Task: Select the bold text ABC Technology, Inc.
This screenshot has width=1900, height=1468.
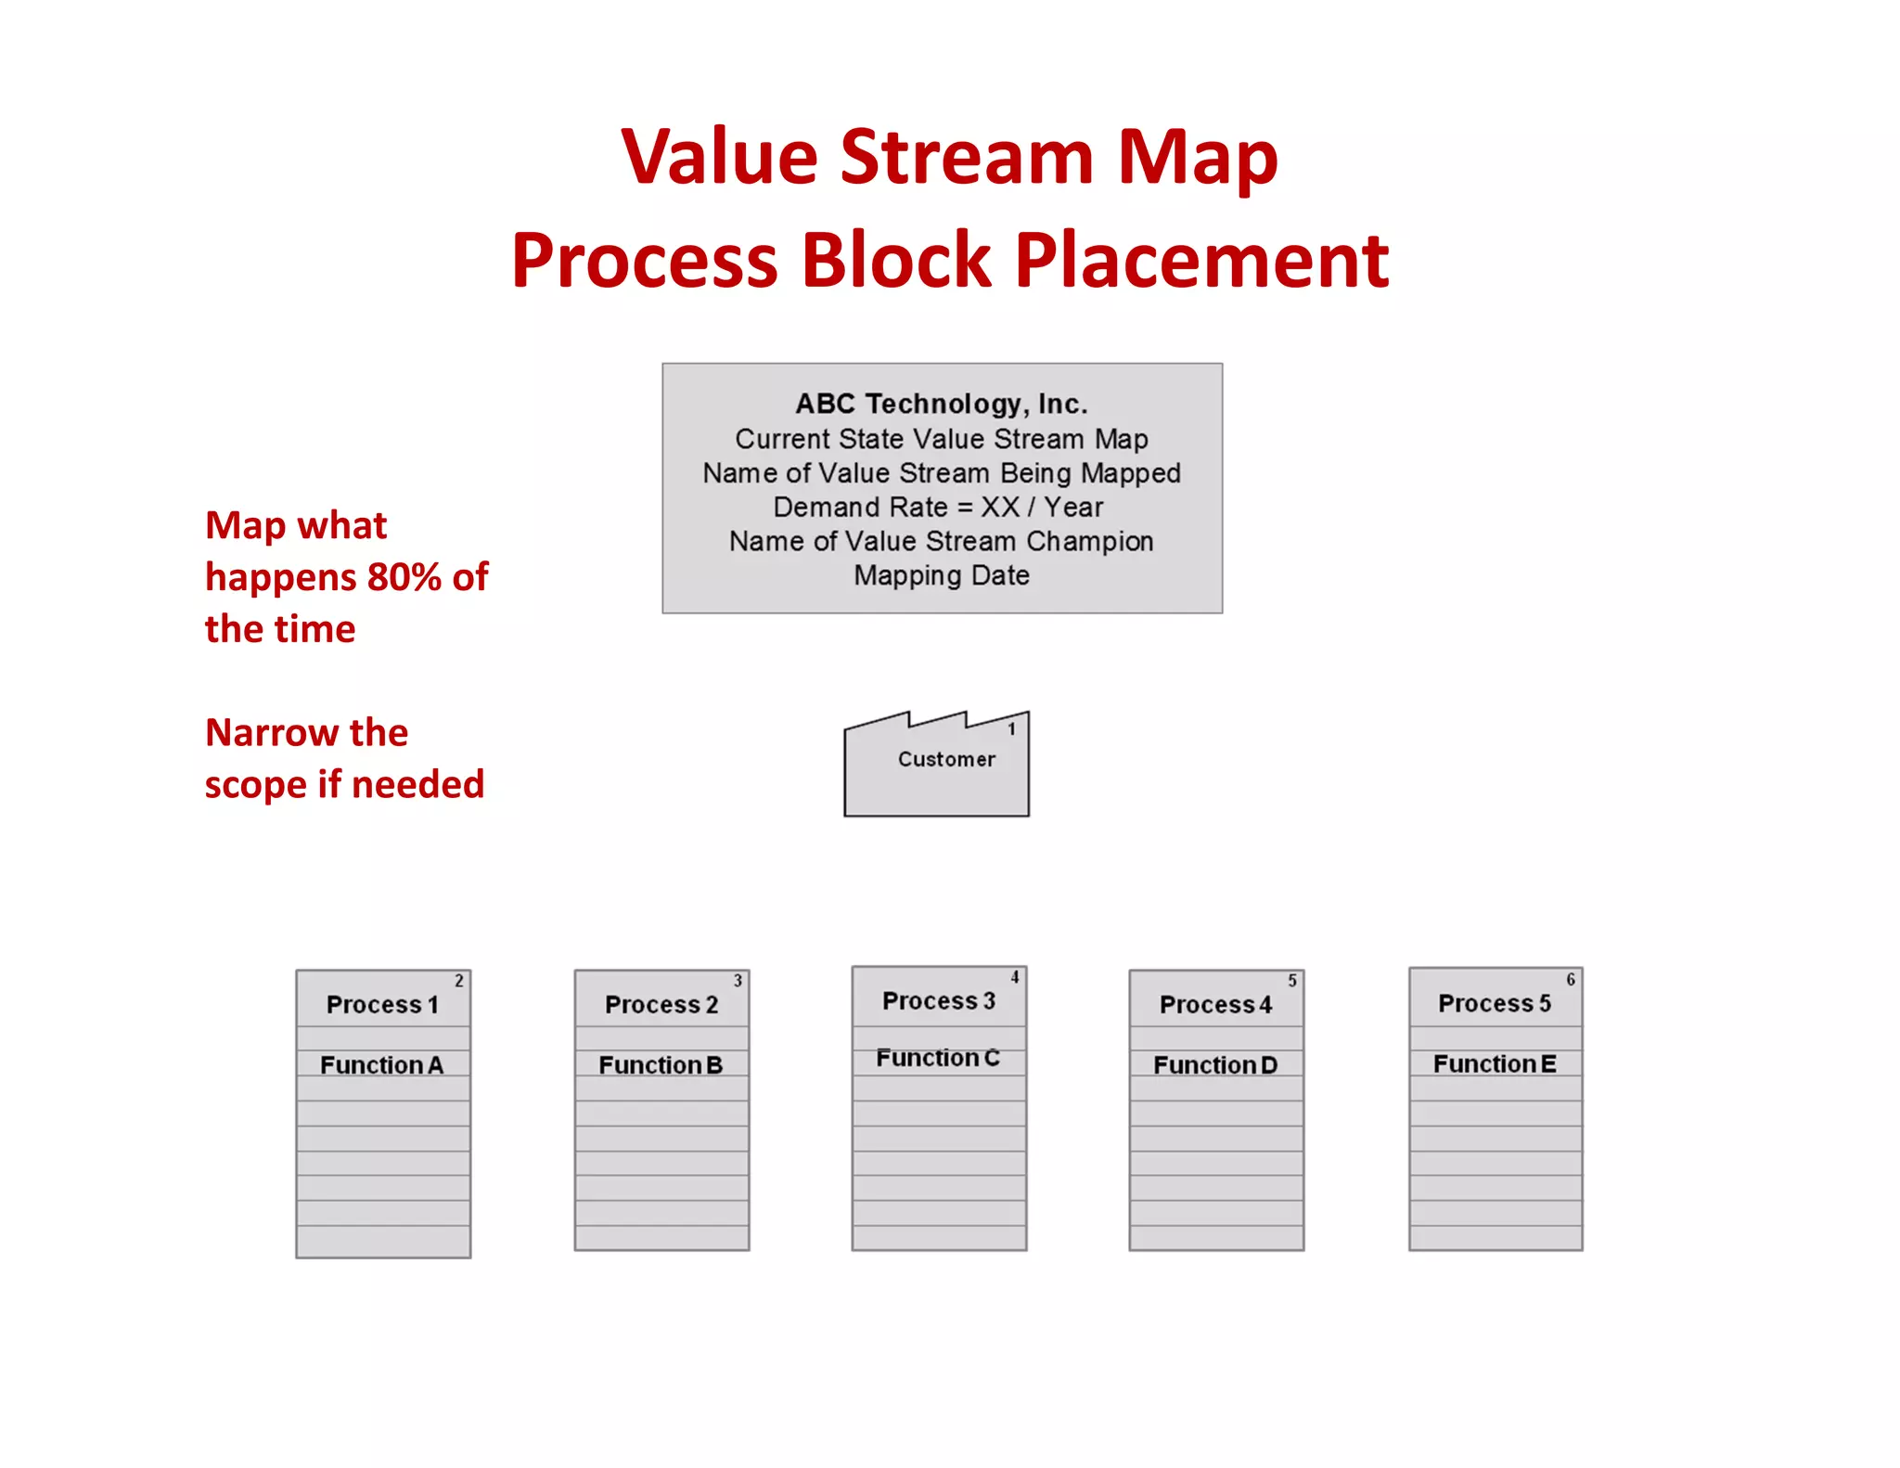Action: (941, 404)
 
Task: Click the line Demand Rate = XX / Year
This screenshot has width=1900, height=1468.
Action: (938, 508)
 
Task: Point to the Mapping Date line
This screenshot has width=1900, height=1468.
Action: (941, 575)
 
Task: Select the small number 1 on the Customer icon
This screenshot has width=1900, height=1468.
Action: (1012, 729)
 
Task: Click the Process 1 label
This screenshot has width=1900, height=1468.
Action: (381, 1005)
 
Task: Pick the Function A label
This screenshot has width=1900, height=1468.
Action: (381, 1065)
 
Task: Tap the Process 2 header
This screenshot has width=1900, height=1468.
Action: (661, 1005)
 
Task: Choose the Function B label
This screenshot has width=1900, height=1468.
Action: (660, 1065)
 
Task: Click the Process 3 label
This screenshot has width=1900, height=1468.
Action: (938, 1001)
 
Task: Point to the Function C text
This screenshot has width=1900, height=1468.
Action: (937, 1058)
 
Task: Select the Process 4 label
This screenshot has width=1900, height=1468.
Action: (1215, 1005)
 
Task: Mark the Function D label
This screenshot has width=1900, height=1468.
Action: (1215, 1065)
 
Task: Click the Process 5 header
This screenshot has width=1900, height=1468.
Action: (1494, 1003)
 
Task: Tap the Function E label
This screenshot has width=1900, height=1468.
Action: (1494, 1063)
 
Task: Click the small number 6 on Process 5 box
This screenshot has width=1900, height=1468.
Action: (1571, 980)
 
